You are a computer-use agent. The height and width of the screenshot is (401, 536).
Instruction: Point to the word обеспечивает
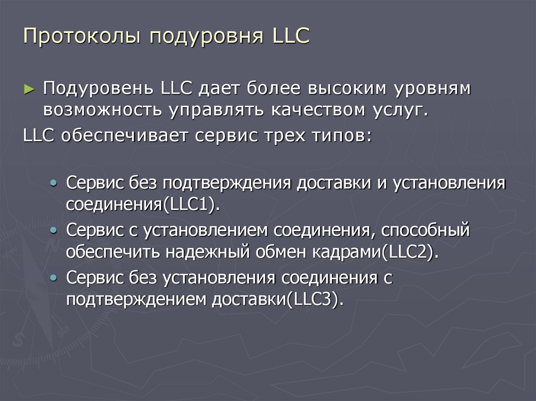[x=126, y=135]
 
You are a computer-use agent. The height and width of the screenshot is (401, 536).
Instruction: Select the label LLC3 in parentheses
[x=317, y=300]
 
